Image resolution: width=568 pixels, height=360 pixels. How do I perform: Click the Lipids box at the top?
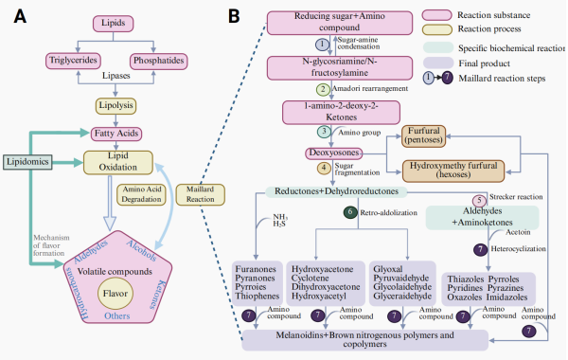click(x=113, y=24)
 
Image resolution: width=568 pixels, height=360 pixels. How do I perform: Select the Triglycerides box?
click(x=73, y=61)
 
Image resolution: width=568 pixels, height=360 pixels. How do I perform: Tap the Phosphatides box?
click(x=159, y=61)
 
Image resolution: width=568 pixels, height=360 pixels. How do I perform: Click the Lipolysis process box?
click(x=115, y=106)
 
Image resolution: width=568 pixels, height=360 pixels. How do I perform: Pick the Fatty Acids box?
click(x=115, y=134)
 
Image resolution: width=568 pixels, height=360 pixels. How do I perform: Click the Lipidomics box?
click(x=27, y=162)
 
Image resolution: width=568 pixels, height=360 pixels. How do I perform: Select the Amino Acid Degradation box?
click(x=141, y=194)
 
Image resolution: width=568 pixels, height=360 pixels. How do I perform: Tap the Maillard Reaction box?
click(x=201, y=194)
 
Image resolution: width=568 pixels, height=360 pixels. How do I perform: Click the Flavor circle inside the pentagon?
click(x=115, y=294)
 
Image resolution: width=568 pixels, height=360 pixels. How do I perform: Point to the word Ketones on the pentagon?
click(x=157, y=295)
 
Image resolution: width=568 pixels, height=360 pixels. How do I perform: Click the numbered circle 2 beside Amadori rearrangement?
click(x=323, y=89)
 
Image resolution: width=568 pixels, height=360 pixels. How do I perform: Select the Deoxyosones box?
click(x=333, y=153)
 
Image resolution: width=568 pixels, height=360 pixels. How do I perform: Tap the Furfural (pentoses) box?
click(x=423, y=136)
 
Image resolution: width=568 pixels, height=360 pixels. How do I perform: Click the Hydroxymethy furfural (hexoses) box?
click(x=453, y=171)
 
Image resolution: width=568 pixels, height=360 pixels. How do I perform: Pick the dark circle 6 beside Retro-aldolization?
click(x=350, y=212)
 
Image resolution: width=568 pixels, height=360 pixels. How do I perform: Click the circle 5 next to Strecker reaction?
click(x=479, y=201)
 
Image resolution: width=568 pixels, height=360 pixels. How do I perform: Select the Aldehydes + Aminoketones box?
click(x=482, y=217)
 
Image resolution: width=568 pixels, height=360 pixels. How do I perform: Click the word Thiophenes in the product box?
click(x=257, y=297)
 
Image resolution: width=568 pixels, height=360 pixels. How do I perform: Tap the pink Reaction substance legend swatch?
click(x=436, y=15)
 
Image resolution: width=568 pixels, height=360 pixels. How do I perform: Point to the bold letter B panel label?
click(x=234, y=17)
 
